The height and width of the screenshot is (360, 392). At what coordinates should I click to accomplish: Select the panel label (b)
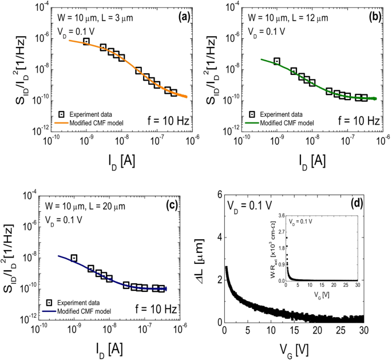(374, 17)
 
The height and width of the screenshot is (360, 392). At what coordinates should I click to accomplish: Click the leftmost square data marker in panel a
(86, 41)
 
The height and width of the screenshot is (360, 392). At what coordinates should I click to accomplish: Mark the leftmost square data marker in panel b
(277, 61)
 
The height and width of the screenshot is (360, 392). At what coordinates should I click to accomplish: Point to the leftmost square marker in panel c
(74, 258)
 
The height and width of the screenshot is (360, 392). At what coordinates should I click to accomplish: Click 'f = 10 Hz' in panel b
(358, 121)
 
